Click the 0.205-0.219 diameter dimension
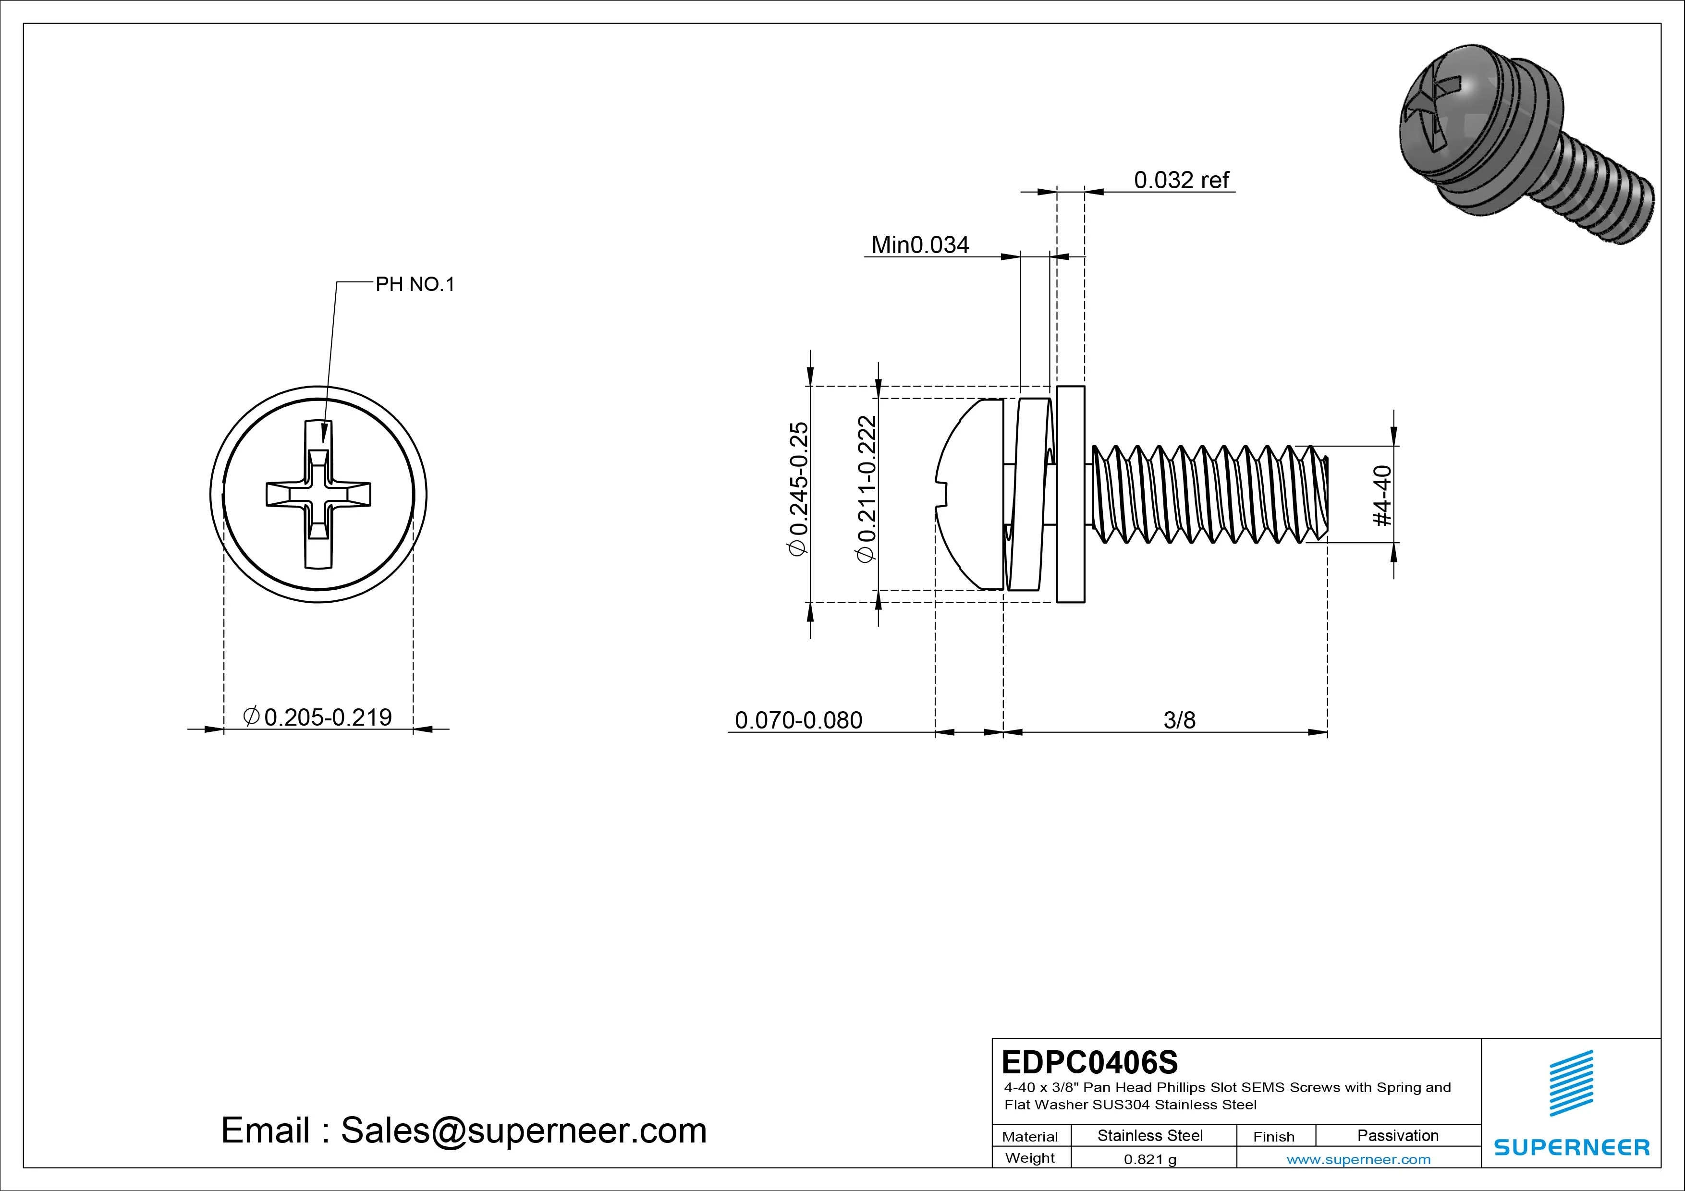(318, 717)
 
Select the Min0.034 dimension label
(919, 244)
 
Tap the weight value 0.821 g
(1150, 1159)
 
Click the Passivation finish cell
(1397, 1135)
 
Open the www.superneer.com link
(1358, 1159)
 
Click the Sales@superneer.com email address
(523, 1131)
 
